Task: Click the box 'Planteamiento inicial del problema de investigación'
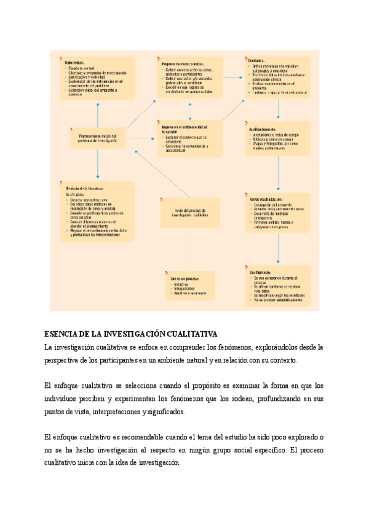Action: pyautogui.click(x=97, y=137)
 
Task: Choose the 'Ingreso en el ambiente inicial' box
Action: pyautogui.click(x=189, y=139)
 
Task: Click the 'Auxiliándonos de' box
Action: pyautogui.click(x=278, y=138)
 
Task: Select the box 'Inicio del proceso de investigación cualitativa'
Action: pyautogui.click(x=189, y=212)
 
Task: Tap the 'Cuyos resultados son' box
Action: pyautogui.click(x=278, y=213)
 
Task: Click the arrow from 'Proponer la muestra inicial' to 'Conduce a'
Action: pyautogui.click(x=232, y=78)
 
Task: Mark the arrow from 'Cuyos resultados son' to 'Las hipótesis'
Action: pyautogui.click(x=279, y=249)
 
